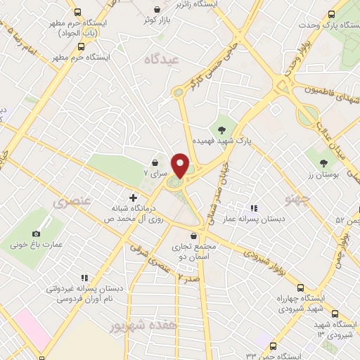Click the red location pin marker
tap(181, 166)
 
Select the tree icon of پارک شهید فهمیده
tap(222, 129)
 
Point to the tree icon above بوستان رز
tap(323, 162)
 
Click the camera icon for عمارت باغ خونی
tap(37, 233)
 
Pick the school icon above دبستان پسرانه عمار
tap(254, 209)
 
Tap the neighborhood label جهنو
tap(297, 200)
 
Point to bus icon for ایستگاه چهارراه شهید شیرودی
tap(300, 288)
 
